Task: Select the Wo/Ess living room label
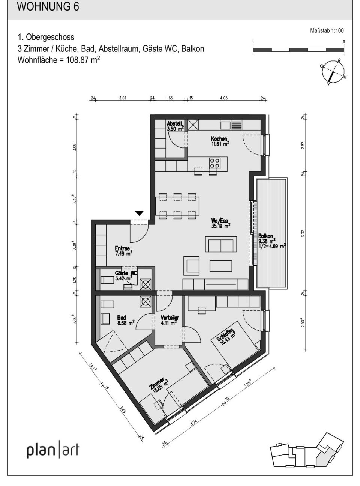(220, 223)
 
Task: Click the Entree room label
(122, 250)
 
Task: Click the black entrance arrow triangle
(139, 214)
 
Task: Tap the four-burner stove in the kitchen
(215, 163)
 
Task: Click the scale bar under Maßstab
(298, 50)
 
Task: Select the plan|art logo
(53, 450)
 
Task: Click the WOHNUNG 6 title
(48, 8)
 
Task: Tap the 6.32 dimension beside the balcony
(303, 233)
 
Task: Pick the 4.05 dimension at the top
(224, 98)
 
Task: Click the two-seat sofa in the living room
(221, 244)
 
